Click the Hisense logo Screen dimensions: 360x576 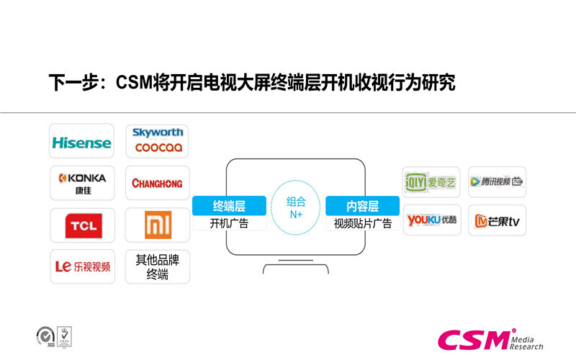click(81, 142)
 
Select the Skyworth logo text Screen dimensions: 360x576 click(158, 132)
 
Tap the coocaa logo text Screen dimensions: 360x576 click(158, 148)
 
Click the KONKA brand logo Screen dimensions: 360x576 click(81, 181)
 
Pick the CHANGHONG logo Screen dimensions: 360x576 click(157, 183)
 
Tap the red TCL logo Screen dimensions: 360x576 click(81, 226)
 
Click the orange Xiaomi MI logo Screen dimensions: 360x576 click(157, 225)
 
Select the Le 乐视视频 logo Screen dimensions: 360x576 click(82, 266)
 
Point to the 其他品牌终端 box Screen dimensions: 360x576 click(157, 266)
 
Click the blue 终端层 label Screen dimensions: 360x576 click(229, 205)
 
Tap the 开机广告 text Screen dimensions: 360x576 click(229, 223)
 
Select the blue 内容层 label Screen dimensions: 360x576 click(362, 205)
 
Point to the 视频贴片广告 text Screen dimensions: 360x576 click(362, 223)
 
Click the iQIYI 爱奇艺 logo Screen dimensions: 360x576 click(431, 181)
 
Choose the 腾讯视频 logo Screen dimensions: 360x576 click(496, 181)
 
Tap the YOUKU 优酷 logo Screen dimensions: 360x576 click(431, 220)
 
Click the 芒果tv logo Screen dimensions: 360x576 click(496, 222)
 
